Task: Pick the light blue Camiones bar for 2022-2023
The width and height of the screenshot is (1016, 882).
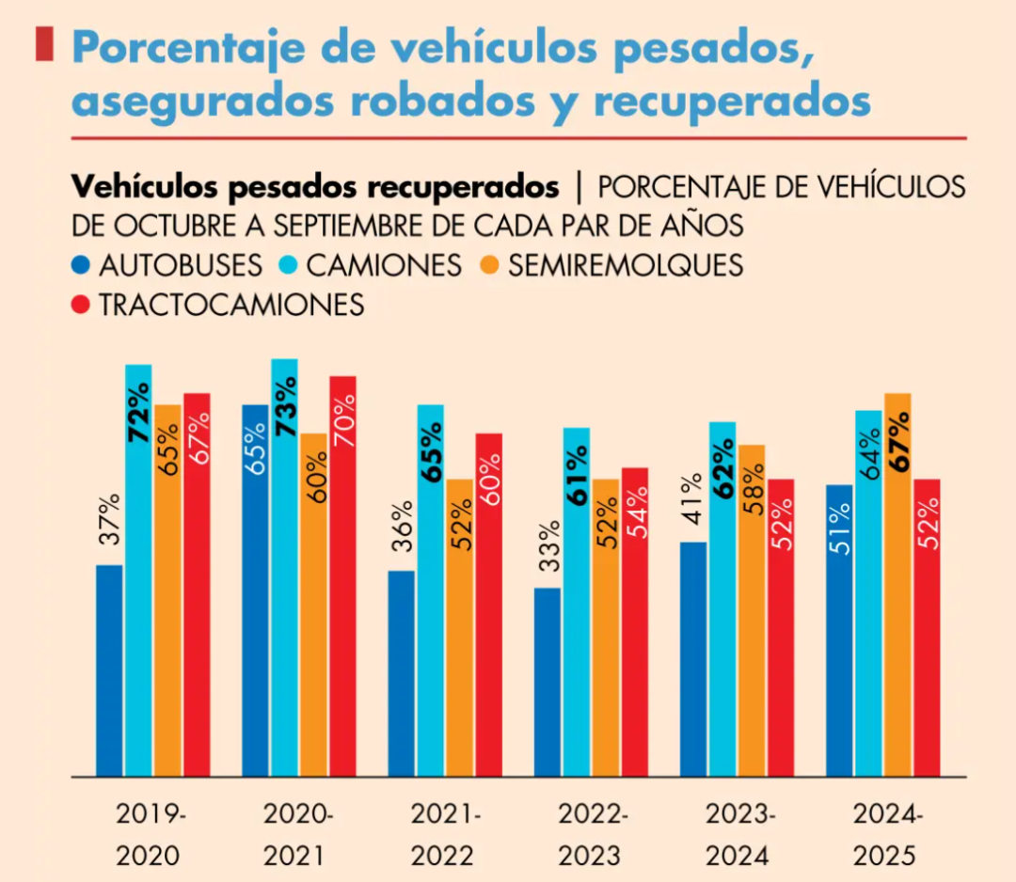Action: [577, 602]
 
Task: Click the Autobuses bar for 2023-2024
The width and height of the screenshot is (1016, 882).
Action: [693, 659]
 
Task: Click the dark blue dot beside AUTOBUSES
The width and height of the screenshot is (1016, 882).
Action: [82, 265]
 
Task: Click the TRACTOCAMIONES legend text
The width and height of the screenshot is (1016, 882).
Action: [231, 305]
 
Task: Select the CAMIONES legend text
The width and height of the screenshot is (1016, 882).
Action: [384, 265]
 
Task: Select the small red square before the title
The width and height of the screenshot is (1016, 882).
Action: [43, 44]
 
